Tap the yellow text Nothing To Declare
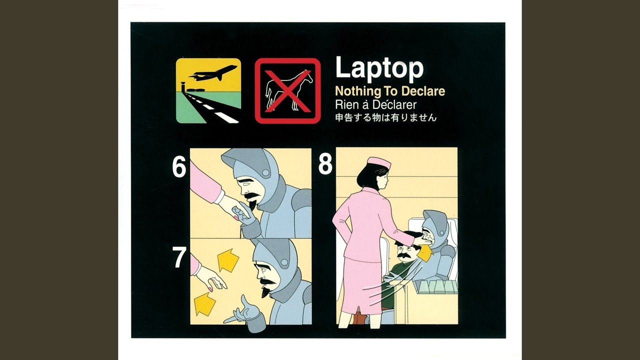click(x=390, y=91)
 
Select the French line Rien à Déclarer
click(x=375, y=105)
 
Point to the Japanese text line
click(x=386, y=117)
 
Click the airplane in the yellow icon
click(x=213, y=72)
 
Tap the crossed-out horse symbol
click(x=287, y=91)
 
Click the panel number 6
click(x=179, y=167)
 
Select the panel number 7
click(x=179, y=257)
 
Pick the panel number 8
click(x=325, y=164)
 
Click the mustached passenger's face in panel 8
click(x=403, y=251)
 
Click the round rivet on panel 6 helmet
click(x=265, y=172)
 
